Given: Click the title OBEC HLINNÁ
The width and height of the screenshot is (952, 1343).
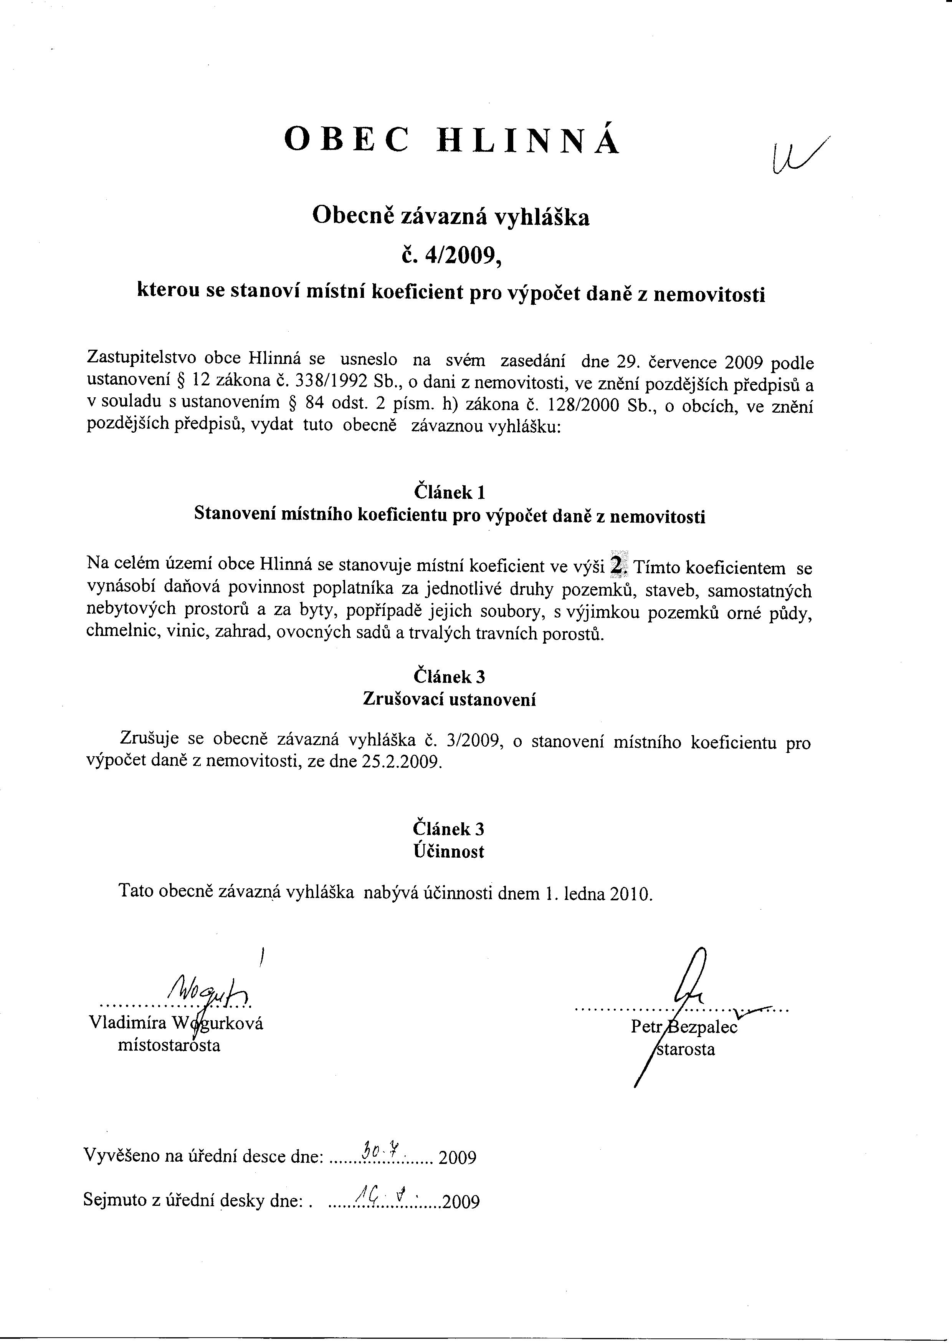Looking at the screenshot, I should (x=451, y=141).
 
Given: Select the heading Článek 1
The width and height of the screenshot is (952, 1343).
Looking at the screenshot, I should (x=450, y=491).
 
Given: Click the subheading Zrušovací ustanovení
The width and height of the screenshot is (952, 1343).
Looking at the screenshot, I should (x=450, y=699).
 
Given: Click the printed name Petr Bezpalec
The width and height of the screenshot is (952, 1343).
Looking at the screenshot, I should (x=684, y=1027).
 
